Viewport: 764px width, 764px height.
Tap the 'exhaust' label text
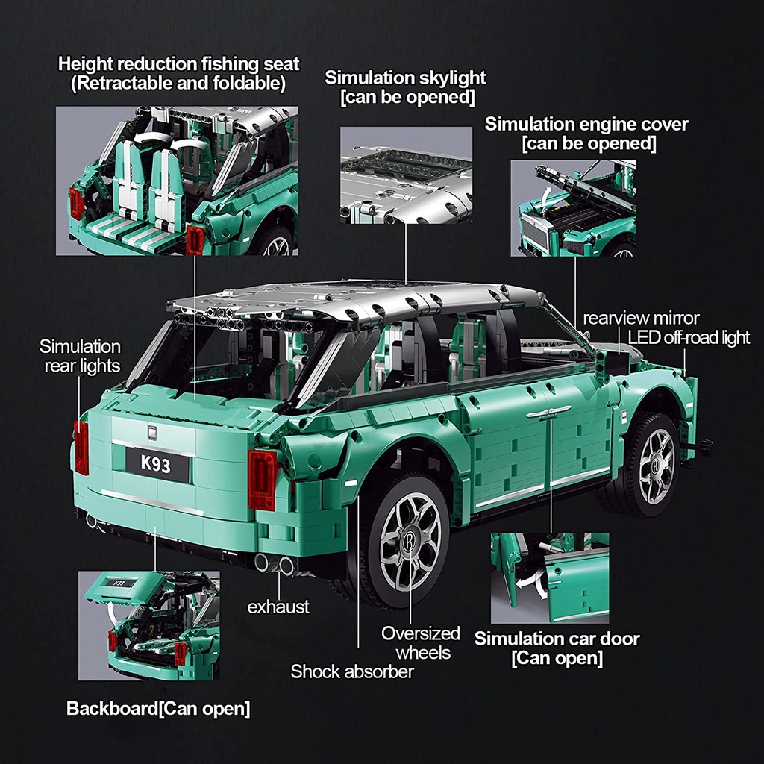click(278, 607)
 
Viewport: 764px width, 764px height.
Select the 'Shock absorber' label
click(352, 671)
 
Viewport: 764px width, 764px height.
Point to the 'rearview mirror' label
click(641, 319)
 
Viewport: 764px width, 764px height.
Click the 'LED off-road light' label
click(689, 337)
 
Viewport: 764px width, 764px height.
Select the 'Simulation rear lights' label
click(80, 356)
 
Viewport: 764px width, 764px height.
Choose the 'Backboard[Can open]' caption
click(158, 708)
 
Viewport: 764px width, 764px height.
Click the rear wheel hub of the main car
click(410, 539)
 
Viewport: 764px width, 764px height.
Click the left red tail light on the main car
click(81, 447)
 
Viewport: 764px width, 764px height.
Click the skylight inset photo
click(406, 175)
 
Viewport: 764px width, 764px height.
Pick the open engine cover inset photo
click(573, 208)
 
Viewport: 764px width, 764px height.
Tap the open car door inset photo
click(549, 577)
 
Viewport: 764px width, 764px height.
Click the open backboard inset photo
click(148, 625)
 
